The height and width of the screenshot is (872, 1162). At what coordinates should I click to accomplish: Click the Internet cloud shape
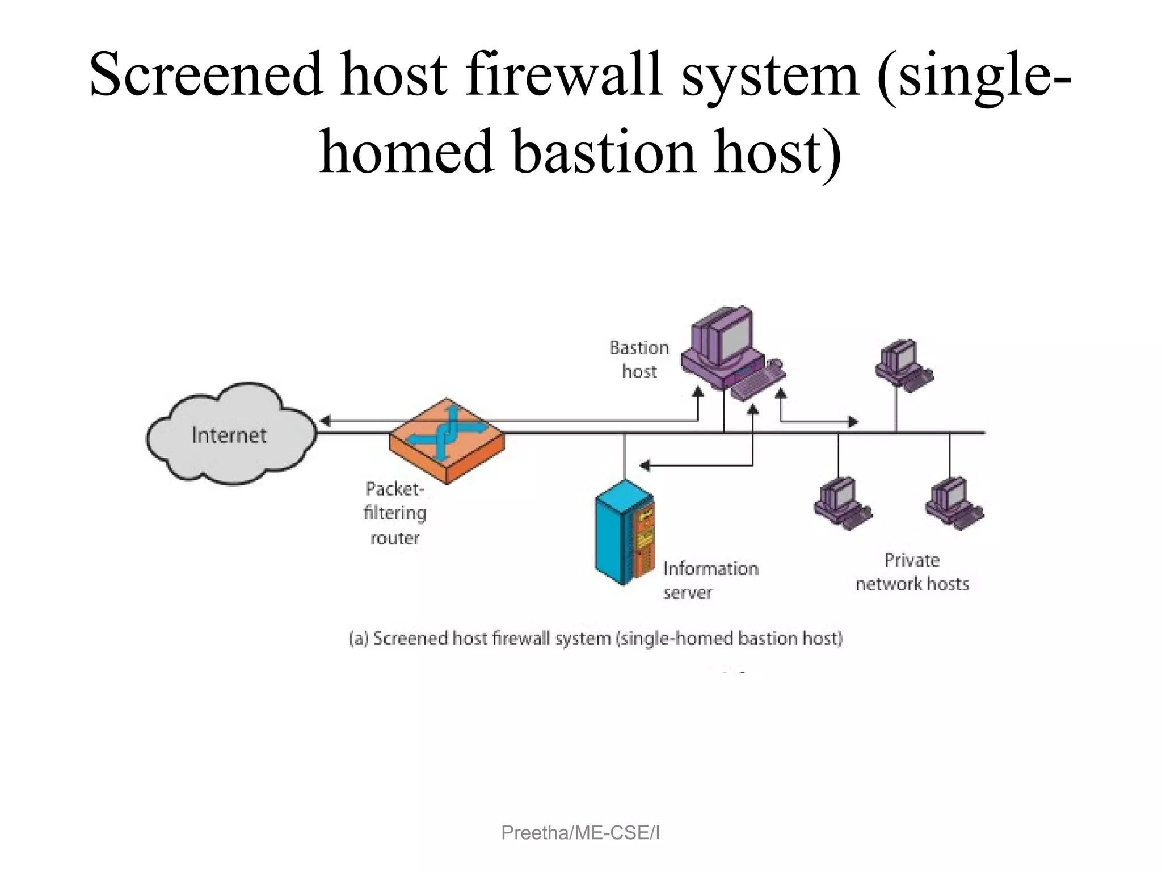coord(230,434)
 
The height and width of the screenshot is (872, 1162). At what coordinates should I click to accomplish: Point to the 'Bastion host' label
coord(639,359)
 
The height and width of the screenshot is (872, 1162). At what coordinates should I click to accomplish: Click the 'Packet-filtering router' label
coord(394,513)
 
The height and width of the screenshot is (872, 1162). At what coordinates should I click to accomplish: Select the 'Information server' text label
coord(710,580)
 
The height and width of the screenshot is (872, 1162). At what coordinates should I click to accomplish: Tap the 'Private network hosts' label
coord(912,572)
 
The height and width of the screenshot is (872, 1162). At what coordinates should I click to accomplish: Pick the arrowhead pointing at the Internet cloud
coord(325,421)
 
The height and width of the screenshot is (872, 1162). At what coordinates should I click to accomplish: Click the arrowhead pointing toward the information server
coord(645,466)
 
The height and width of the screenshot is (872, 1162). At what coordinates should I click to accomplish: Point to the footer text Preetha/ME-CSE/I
coord(580,833)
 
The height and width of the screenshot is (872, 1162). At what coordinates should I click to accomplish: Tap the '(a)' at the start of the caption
coord(359,639)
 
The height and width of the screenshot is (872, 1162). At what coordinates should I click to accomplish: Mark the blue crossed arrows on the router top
coord(447,431)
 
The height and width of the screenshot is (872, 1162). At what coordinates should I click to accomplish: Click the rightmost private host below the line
coord(954,503)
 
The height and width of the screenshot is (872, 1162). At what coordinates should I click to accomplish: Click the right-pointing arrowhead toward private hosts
coord(853,422)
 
